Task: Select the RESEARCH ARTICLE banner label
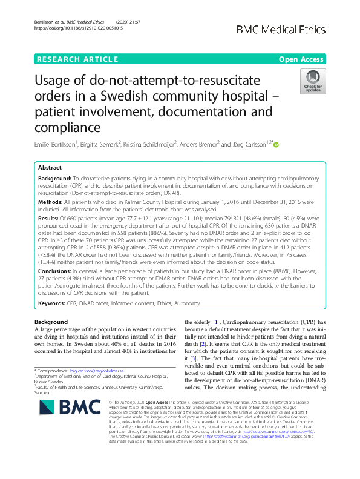[x=77, y=59]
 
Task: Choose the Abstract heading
[x=50, y=168]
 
